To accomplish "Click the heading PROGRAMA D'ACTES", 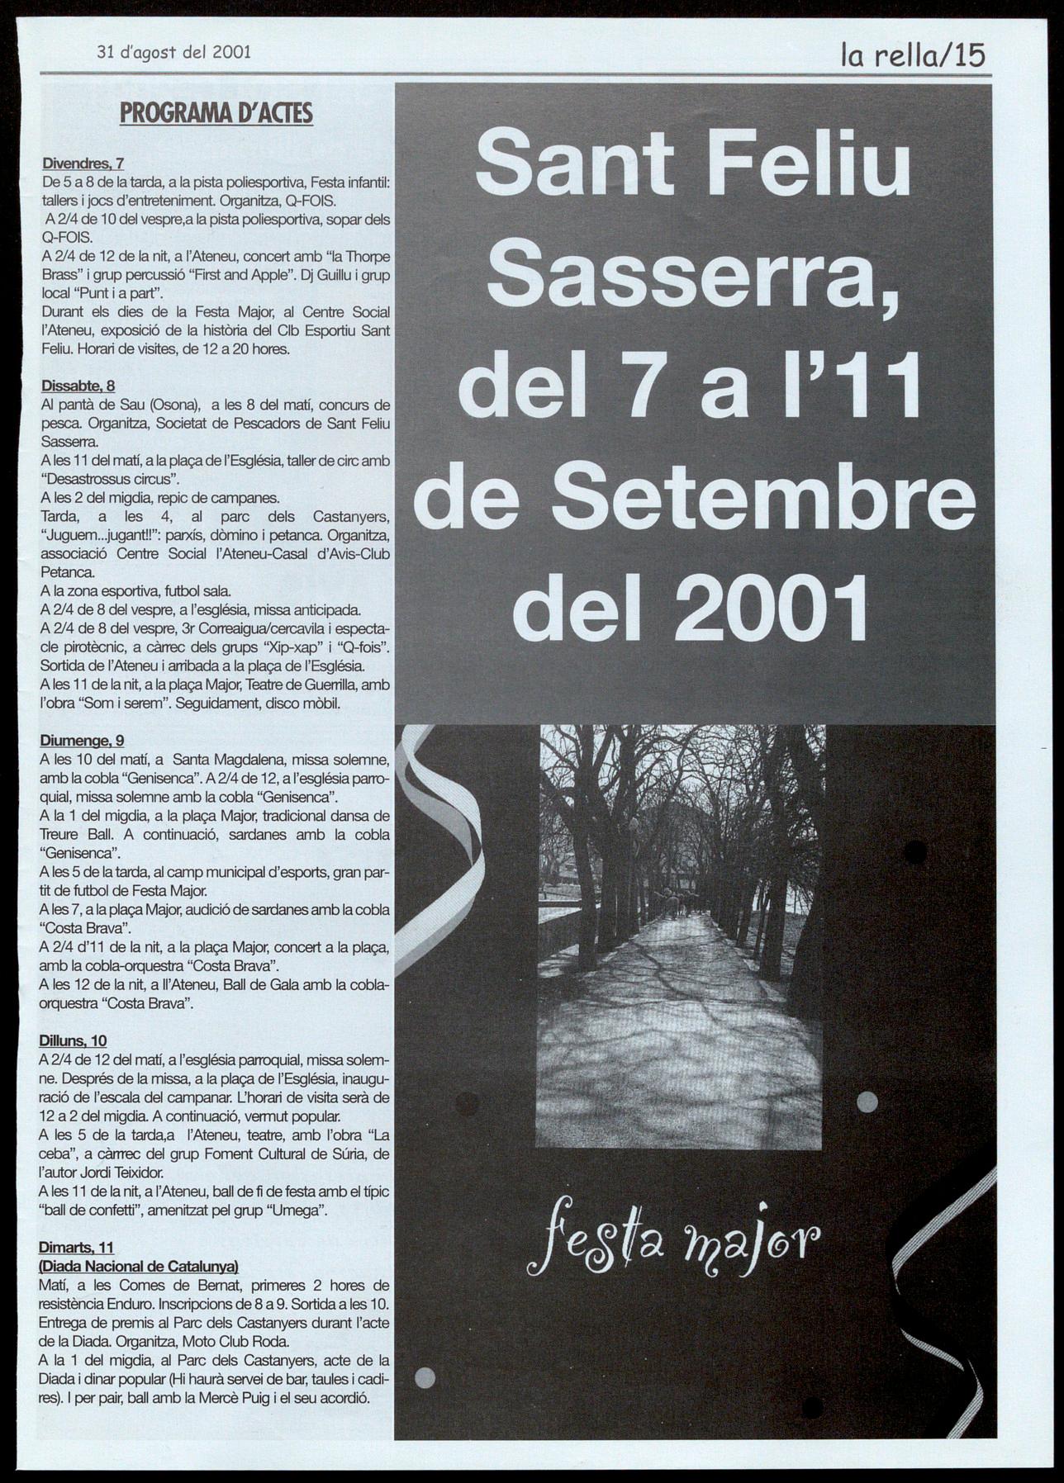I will tap(216, 112).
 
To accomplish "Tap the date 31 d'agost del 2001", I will tap(173, 52).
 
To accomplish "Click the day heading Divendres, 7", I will tap(83, 163).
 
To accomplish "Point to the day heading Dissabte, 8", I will tap(78, 386).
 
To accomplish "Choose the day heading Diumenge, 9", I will tap(82, 741).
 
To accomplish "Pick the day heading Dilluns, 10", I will tap(73, 1041).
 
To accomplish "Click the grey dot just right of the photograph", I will tap(867, 1101).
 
